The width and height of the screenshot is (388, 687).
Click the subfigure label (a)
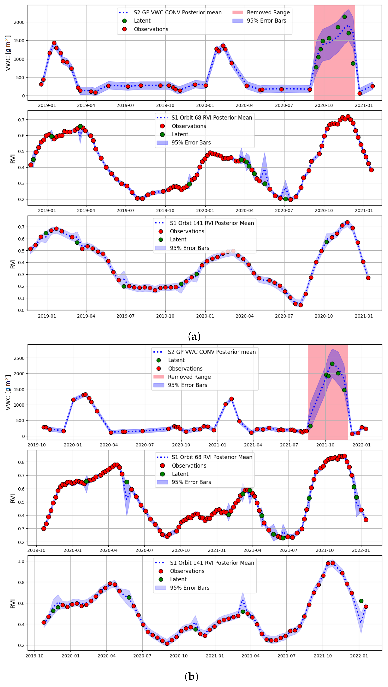(x=194, y=336)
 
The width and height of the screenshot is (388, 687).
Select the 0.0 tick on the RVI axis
(x=21, y=310)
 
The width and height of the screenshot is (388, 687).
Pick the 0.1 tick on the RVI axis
(x=21, y=298)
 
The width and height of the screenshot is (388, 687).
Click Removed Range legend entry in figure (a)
(x=268, y=13)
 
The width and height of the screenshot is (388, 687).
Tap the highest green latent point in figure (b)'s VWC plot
(x=332, y=364)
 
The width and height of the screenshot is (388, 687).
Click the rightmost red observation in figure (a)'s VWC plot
(x=373, y=86)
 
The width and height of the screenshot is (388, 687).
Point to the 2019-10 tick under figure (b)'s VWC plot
(x=37, y=445)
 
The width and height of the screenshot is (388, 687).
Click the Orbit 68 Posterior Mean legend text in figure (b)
(x=212, y=457)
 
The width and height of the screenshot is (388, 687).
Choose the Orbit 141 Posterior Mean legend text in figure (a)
(x=212, y=223)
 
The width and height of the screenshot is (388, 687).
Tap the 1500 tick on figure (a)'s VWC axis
(x=19, y=41)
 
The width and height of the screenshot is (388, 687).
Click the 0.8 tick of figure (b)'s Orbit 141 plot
(x=21, y=582)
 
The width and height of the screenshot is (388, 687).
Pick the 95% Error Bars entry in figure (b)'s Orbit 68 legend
(x=191, y=482)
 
